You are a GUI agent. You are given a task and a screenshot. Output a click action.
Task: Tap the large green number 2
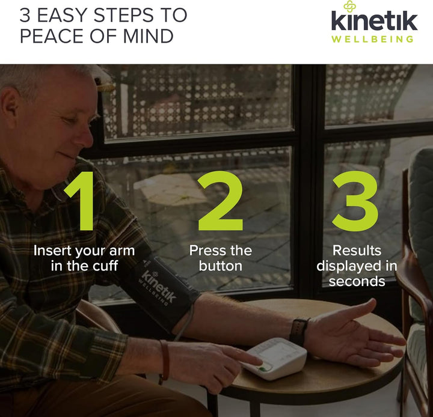point(221,201)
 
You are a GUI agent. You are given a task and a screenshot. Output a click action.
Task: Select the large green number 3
point(355,201)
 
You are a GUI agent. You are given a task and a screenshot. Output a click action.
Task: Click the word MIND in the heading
point(149,36)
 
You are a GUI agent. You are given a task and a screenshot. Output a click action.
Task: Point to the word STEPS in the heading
point(123,15)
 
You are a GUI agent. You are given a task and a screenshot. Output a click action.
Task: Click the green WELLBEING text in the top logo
point(372,39)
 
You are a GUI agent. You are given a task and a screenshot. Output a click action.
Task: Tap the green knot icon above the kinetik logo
point(349,7)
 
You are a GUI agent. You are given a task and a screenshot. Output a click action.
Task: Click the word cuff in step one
point(105,266)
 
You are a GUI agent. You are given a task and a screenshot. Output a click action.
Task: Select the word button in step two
point(220,266)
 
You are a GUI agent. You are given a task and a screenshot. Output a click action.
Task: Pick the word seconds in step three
point(357,281)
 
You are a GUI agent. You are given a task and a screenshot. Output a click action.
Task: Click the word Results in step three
point(357,251)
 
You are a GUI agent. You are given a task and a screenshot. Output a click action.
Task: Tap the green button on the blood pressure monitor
point(264,368)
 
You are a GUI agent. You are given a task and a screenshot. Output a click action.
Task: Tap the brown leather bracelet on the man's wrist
point(165,360)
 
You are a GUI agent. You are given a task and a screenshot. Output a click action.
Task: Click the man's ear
point(10,103)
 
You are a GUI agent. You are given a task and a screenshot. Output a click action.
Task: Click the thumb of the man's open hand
point(359,308)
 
